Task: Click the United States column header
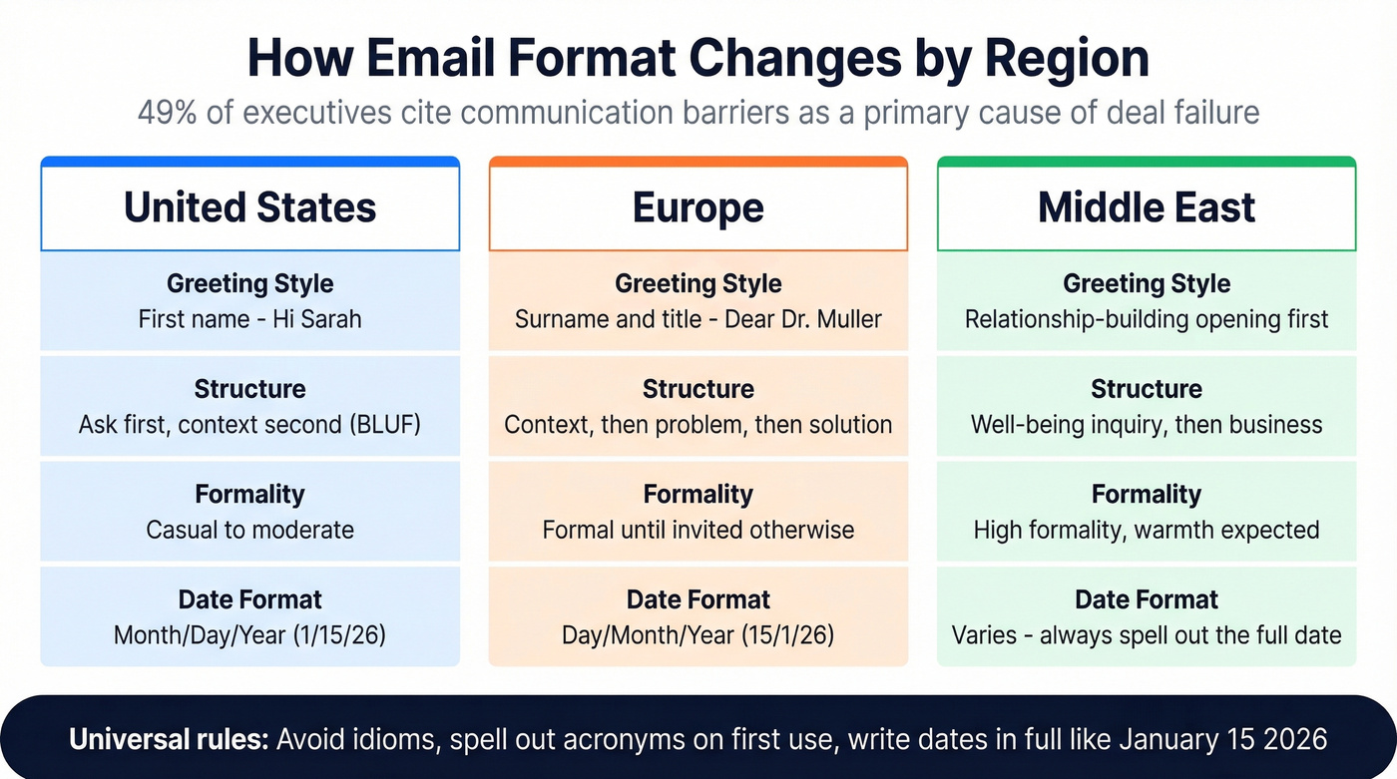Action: click(x=249, y=207)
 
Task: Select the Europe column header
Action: click(x=698, y=207)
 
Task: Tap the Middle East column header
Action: click(x=1147, y=207)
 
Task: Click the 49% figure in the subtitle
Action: click(x=167, y=112)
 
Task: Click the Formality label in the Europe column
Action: click(x=698, y=494)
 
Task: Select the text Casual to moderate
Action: click(x=249, y=530)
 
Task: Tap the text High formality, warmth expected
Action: click(x=1147, y=530)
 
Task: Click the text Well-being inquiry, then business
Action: click(x=1147, y=425)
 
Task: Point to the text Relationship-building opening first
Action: click(x=1147, y=320)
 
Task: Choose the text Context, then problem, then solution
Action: click(x=698, y=425)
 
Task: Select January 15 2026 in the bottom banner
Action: click(x=1223, y=739)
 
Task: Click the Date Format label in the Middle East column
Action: click(x=1147, y=599)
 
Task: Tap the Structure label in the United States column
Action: click(x=249, y=389)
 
